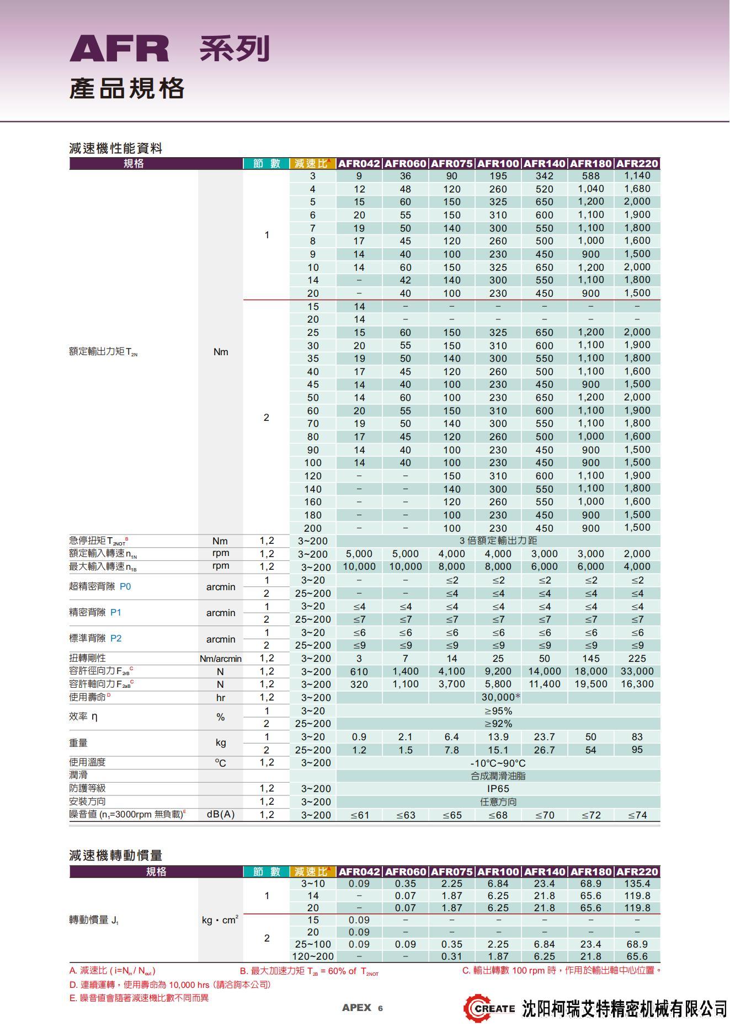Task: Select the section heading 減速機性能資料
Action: coord(115,148)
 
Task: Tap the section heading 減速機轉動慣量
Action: coord(115,855)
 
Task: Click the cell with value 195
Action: coord(498,176)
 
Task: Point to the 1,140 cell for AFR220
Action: coord(637,176)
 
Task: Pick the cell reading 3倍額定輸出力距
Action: coord(498,541)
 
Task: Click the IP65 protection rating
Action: coord(498,789)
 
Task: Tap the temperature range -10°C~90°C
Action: coord(498,763)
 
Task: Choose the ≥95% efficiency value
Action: coord(498,711)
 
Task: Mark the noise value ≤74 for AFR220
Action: coord(637,815)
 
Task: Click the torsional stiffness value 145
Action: coord(590,659)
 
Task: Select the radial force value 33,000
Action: coord(637,671)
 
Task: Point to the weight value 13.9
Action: coord(498,737)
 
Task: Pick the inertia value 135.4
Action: coord(637,884)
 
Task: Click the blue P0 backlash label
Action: coord(125,586)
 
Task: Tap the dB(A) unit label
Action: coord(220,815)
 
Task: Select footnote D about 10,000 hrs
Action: coord(170,985)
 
